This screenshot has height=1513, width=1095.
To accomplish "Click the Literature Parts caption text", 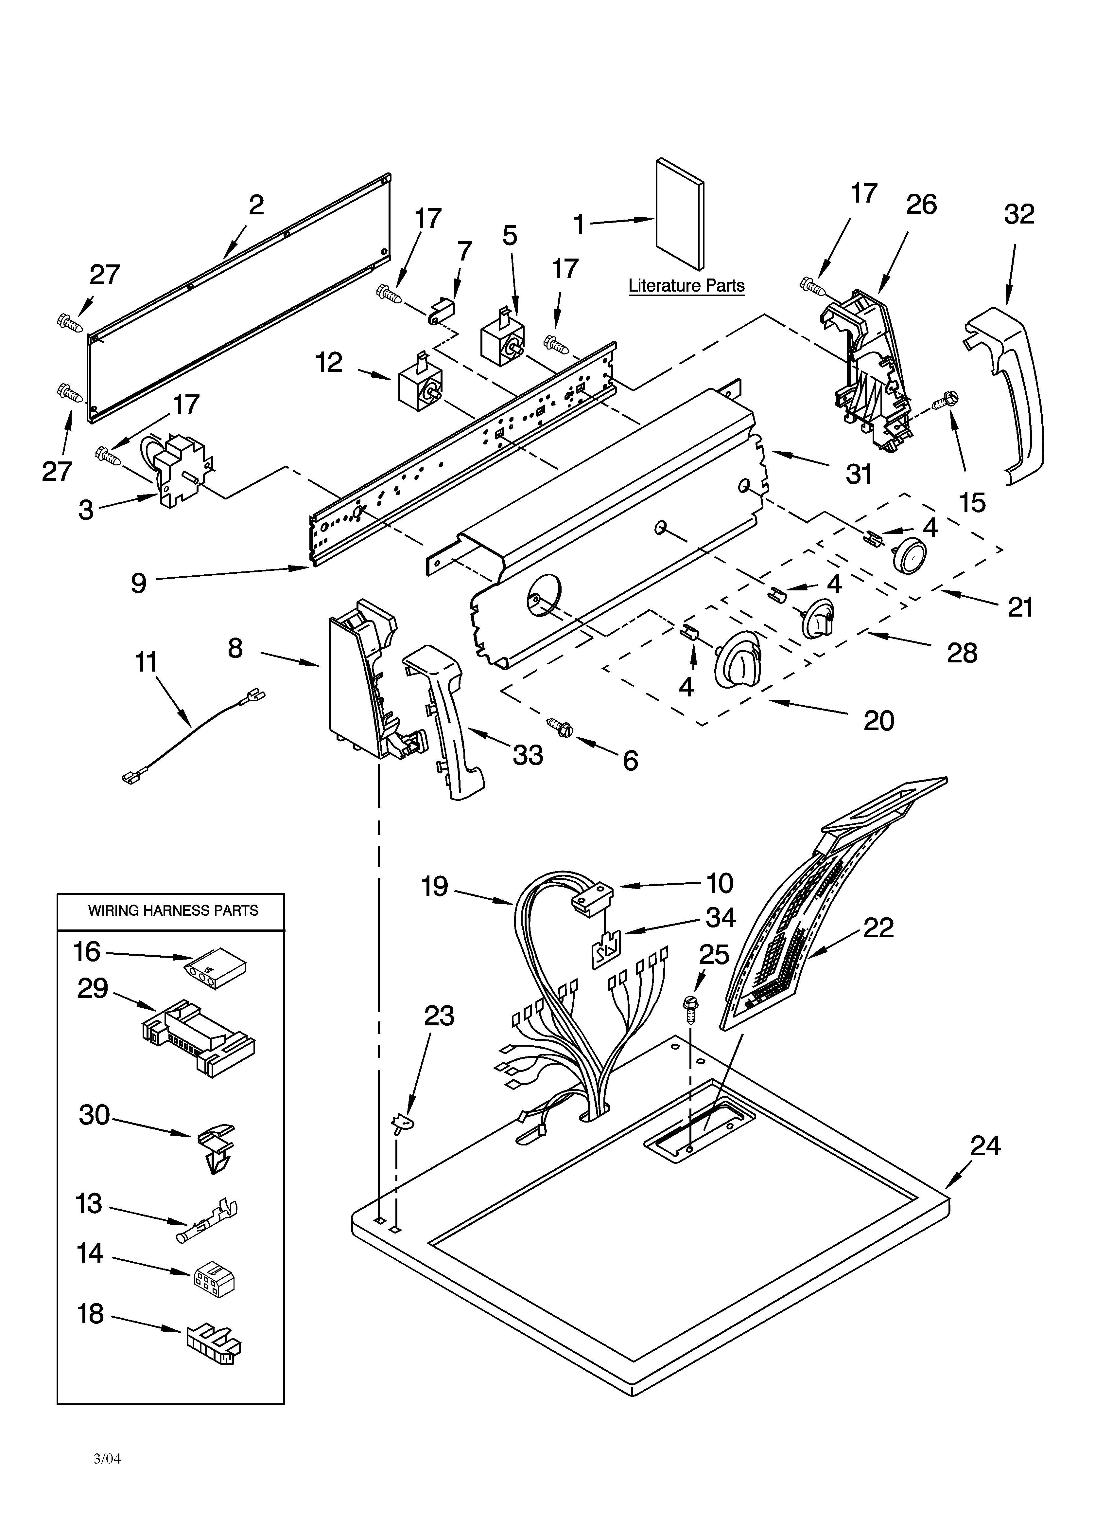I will (686, 286).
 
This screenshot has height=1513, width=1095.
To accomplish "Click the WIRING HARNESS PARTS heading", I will (173, 910).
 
